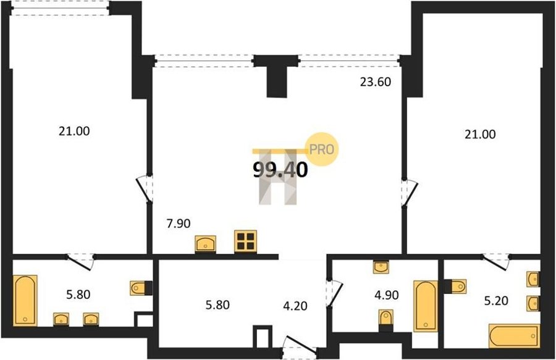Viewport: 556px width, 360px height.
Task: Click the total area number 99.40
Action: click(x=280, y=170)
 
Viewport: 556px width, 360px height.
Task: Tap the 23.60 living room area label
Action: click(x=376, y=82)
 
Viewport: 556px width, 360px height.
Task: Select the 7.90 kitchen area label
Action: click(x=179, y=224)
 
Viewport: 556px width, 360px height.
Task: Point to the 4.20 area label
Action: click(x=295, y=306)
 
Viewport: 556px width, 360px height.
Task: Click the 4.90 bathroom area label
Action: click(x=387, y=295)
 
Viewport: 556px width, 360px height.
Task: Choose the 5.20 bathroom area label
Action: click(x=497, y=301)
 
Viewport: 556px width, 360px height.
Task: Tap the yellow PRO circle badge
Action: click(x=322, y=149)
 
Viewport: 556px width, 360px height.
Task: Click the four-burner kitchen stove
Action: click(x=245, y=241)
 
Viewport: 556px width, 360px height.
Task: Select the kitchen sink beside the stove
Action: click(x=205, y=244)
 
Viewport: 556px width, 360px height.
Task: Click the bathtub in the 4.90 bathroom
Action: click(x=426, y=306)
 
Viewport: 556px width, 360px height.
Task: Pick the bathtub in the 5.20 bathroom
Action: click(x=514, y=335)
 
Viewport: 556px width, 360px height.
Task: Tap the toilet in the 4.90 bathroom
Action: click(x=385, y=318)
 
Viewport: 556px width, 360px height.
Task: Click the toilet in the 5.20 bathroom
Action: click(x=456, y=287)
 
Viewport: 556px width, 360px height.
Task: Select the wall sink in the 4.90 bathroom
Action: click(x=381, y=267)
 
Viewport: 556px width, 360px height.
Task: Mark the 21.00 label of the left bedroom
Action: click(x=74, y=132)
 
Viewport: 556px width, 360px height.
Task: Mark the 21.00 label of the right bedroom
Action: click(x=480, y=135)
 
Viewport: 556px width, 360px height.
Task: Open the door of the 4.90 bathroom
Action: click(x=335, y=293)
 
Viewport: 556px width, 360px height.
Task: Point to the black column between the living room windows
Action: click(x=276, y=76)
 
